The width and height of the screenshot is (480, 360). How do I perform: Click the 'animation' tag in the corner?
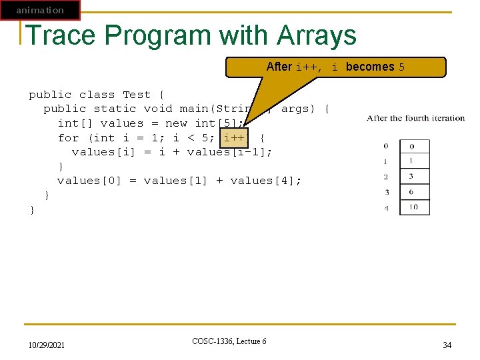click(40, 10)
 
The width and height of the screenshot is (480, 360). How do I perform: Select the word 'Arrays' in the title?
click(317, 35)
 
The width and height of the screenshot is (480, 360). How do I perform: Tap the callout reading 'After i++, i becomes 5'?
click(335, 67)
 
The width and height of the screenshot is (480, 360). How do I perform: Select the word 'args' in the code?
click(296, 109)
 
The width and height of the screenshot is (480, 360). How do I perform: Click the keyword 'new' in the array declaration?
click(176, 123)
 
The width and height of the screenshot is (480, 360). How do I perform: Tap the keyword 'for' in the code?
click(68, 138)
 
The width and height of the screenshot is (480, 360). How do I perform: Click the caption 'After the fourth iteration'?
click(415, 119)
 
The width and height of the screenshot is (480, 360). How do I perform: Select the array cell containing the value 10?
click(413, 207)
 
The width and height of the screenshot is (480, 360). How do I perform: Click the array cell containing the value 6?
click(413, 192)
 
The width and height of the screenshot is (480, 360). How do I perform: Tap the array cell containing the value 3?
click(413, 176)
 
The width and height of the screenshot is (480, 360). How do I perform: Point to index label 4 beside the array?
click(386, 208)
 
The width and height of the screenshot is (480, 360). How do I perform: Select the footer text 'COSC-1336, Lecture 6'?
click(229, 341)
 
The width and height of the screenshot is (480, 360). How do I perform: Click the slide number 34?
click(447, 345)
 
